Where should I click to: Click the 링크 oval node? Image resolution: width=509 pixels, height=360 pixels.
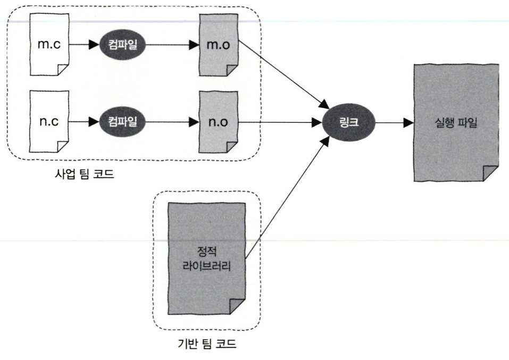[349, 122]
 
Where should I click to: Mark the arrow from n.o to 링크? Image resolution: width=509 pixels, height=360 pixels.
[282, 122]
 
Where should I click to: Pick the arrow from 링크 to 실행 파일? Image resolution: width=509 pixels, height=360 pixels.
[394, 122]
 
